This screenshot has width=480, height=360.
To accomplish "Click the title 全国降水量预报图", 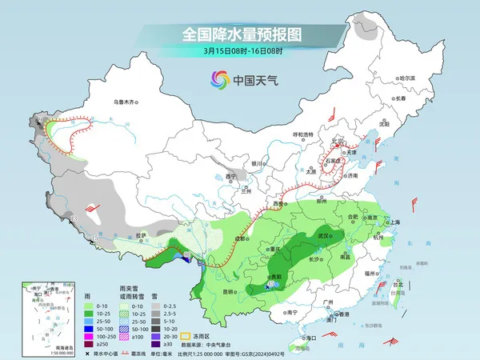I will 239,34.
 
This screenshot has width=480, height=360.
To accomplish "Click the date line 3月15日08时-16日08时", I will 239,52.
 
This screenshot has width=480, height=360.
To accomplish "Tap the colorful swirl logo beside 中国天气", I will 218,79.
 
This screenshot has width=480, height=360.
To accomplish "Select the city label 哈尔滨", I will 407,78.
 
